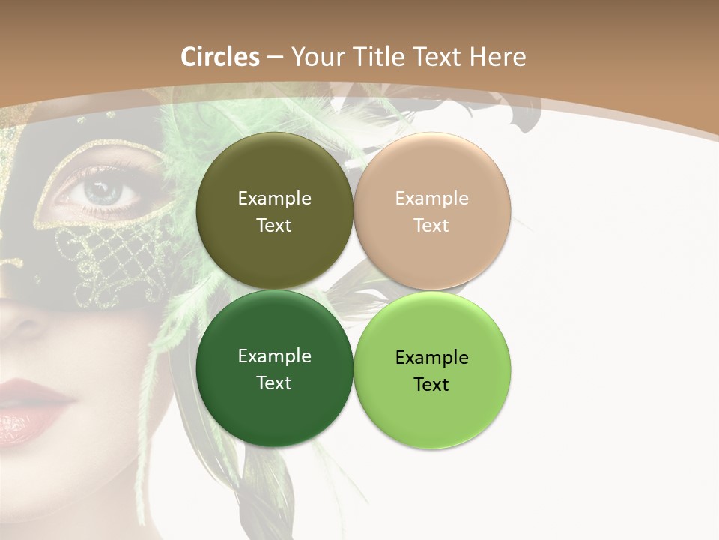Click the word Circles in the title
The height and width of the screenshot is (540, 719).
[x=219, y=57]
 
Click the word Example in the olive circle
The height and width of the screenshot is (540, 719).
[x=274, y=198]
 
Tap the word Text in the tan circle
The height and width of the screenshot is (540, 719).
[x=431, y=226]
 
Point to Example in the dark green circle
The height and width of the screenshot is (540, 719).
[x=274, y=356]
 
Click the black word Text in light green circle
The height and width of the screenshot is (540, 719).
[x=431, y=385]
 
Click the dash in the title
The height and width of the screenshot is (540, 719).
[x=275, y=57]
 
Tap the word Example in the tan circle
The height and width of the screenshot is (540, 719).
[x=431, y=199]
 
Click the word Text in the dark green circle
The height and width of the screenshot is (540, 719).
[x=274, y=383]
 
